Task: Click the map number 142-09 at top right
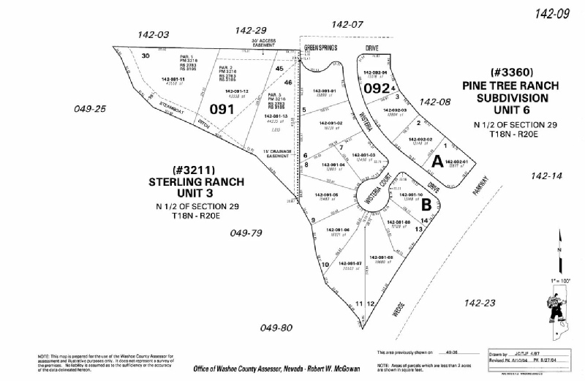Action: coord(552,12)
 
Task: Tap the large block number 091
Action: coord(222,109)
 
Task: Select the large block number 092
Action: coord(376,88)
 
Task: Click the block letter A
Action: coord(437,159)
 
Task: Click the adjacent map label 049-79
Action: coord(246,234)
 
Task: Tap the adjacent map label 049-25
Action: coord(91,109)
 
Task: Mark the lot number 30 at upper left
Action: coord(146,56)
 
